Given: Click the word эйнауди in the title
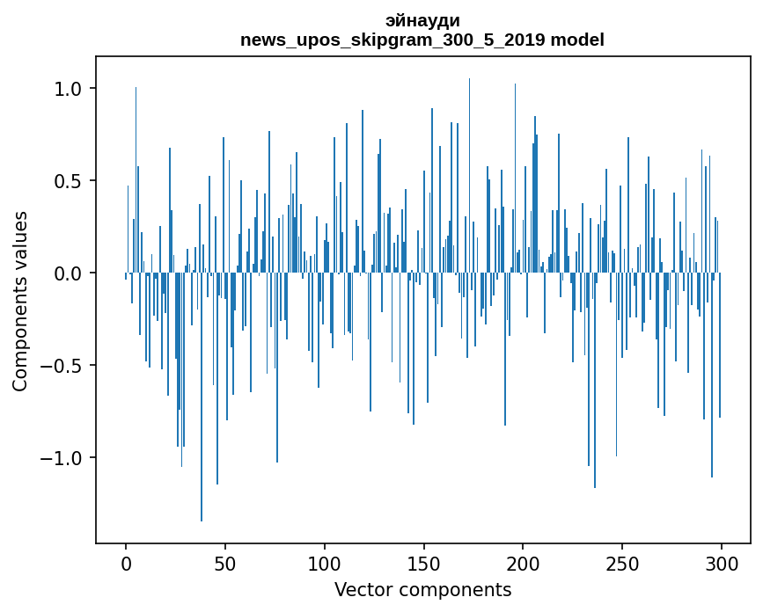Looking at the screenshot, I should [422, 20].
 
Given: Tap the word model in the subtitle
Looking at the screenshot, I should [577, 40].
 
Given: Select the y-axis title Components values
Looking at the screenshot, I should [20, 301].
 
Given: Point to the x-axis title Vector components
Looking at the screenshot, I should [422, 590].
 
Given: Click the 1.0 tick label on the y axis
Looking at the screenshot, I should [67, 89].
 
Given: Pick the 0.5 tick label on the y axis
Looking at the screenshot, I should [67, 181].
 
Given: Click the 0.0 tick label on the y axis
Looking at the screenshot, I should [67, 273].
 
